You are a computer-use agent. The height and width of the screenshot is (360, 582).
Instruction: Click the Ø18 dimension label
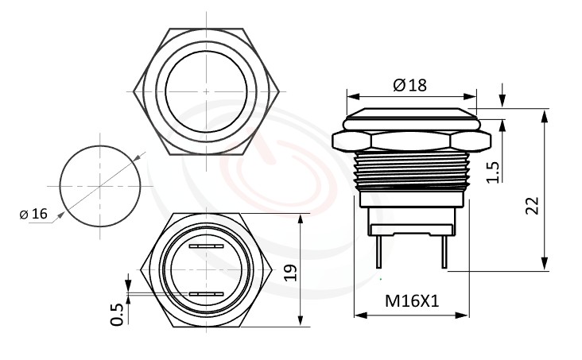[409, 85]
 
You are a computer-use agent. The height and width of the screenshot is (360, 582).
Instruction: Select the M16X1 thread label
[411, 301]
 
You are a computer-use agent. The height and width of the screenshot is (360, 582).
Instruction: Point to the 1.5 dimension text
[492, 171]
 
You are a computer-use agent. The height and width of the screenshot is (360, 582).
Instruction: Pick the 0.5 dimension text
[118, 313]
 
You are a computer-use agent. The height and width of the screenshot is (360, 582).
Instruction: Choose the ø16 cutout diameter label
[33, 214]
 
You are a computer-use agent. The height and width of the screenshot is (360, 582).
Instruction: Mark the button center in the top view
[207, 91]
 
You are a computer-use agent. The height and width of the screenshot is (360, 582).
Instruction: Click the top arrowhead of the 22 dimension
[545, 114]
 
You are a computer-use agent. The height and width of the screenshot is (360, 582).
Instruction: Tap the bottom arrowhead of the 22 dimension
[545, 265]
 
